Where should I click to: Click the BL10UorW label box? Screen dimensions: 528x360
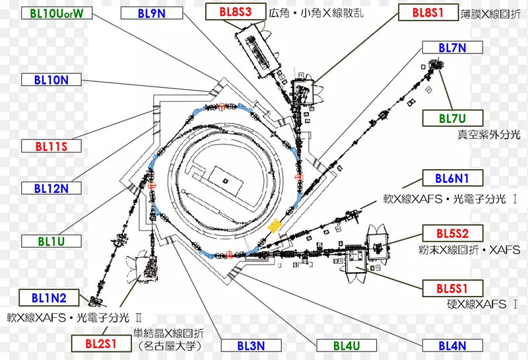click(57, 13)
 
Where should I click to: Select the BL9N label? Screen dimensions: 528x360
click(152, 13)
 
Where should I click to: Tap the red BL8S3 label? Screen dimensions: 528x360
click(236, 12)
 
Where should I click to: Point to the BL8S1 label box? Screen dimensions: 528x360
click(428, 13)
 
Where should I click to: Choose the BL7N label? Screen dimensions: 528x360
click(453, 48)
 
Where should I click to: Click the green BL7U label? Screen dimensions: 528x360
click(453, 118)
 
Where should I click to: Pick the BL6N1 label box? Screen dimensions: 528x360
click(453, 178)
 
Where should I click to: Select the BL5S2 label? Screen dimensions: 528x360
click(453, 233)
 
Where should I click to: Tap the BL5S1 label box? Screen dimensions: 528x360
click(453, 289)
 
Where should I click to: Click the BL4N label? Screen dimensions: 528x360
click(453, 345)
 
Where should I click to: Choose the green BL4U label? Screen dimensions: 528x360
click(346, 345)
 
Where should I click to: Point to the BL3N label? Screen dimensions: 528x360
click(251, 345)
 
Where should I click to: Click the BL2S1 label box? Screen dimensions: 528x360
click(102, 344)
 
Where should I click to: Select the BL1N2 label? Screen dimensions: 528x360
click(49, 298)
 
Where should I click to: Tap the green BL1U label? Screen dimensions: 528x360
click(51, 241)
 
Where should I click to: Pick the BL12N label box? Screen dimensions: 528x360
click(51, 188)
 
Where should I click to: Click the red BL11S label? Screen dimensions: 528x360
click(51, 146)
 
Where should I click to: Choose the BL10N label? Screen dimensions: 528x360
click(51, 79)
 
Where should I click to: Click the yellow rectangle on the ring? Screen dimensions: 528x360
click(275, 225)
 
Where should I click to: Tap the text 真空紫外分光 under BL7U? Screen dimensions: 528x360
click(488, 135)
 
